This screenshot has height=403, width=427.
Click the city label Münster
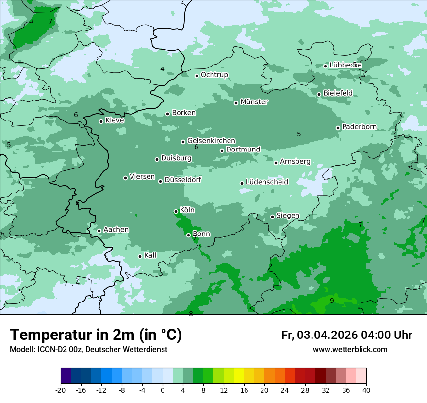point(254,102)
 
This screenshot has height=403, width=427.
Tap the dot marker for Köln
point(176,211)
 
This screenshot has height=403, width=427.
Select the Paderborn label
point(359,127)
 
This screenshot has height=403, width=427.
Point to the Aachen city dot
point(99,231)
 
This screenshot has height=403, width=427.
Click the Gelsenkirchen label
point(211,141)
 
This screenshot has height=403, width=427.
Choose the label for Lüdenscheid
point(267,182)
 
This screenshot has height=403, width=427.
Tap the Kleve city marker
point(101,121)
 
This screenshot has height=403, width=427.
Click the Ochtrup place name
point(214,75)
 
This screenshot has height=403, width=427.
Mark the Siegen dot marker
point(272,217)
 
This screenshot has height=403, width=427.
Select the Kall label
point(150,255)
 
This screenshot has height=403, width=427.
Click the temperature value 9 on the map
point(332,301)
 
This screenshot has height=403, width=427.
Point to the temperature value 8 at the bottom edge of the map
point(191,314)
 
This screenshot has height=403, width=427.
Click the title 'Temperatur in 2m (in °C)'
point(96,335)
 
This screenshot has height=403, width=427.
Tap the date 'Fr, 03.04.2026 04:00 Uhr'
point(346,335)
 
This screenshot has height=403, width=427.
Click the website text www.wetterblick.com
point(350,349)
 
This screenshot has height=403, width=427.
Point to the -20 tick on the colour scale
point(61,390)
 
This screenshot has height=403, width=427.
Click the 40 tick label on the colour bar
point(366,390)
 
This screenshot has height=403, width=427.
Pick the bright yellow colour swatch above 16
point(239,376)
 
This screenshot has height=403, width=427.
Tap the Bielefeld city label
point(338,93)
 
